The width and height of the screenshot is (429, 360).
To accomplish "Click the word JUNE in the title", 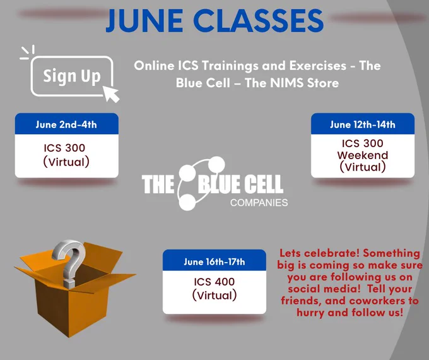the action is (144, 21).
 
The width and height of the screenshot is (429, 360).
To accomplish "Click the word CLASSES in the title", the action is (260, 21).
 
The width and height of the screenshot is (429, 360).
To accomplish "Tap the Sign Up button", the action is (72, 76).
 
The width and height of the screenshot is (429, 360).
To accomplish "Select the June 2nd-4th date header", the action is (66, 124).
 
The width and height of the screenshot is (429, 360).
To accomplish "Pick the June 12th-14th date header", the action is (363, 124).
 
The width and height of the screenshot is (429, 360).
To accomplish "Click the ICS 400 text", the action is (214, 282).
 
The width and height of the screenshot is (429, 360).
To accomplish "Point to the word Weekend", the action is (363, 155).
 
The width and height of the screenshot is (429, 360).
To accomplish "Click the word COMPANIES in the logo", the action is (259, 203).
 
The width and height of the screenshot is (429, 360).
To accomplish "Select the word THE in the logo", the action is (158, 184).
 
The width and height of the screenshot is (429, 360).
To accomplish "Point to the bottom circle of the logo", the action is (187, 202).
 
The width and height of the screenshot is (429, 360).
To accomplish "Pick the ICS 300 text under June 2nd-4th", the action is (64, 148).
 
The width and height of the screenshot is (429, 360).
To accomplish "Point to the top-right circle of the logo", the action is (216, 165).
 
